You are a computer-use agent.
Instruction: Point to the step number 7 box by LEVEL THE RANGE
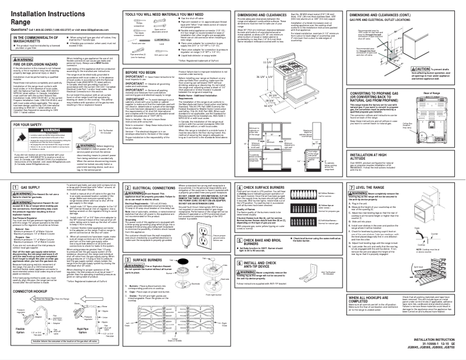pyautogui.click(x=359, y=172)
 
